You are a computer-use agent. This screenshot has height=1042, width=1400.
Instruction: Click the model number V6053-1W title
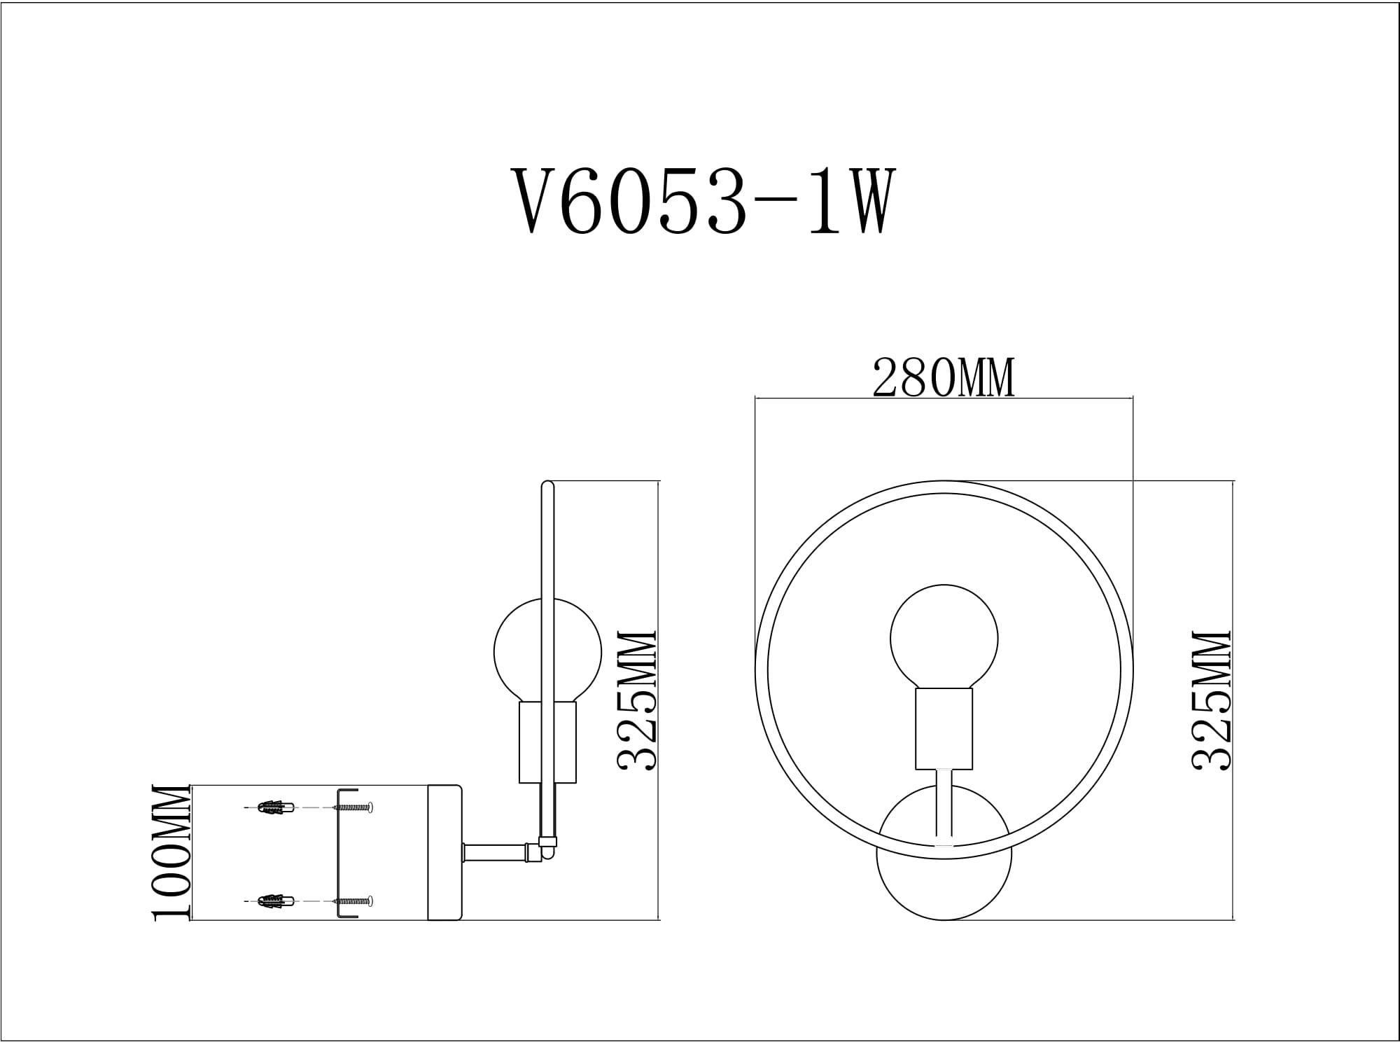tap(703, 202)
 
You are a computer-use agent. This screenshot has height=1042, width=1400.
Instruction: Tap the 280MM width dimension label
tap(943, 379)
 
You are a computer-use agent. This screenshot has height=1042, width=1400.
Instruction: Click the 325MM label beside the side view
tap(636, 700)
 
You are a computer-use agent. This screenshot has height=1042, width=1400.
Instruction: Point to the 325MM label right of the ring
tap(1211, 700)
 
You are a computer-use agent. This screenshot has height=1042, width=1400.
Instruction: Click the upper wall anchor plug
tap(275, 807)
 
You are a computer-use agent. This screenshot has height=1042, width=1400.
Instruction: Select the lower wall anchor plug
tap(275, 901)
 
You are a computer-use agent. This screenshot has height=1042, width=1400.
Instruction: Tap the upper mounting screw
tap(354, 807)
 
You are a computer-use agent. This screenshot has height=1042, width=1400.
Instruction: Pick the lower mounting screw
tap(354, 901)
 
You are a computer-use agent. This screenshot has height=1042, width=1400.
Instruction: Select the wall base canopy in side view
tap(445, 852)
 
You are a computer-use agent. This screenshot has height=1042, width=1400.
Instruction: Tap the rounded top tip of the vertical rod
tap(547, 485)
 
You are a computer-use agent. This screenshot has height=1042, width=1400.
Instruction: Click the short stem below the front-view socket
tap(944, 805)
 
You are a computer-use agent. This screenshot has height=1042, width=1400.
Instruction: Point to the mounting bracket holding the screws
tap(339, 854)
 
